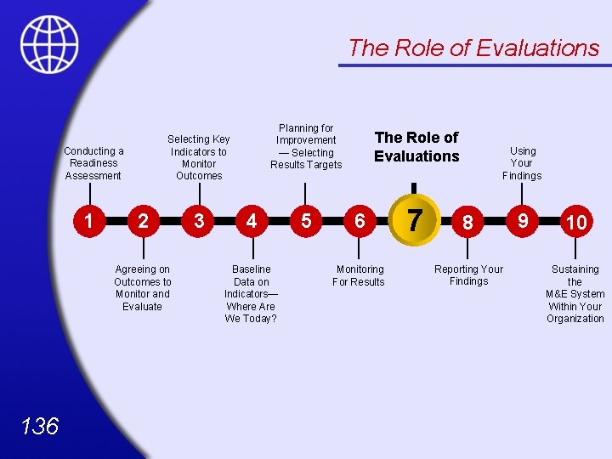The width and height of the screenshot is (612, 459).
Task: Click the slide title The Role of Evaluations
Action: [x=473, y=48]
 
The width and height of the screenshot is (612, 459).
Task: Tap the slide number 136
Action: [x=40, y=425]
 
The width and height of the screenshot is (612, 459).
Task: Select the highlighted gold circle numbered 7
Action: [x=413, y=220]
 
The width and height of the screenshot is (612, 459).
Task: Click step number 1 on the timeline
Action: [x=88, y=220]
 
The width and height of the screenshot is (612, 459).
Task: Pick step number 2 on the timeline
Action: [x=143, y=221]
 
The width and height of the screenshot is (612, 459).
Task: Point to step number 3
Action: [x=198, y=221]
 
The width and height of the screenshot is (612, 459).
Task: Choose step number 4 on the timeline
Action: [x=251, y=221]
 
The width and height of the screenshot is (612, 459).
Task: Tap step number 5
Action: [x=306, y=221]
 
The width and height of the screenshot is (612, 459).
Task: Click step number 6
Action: [x=360, y=221]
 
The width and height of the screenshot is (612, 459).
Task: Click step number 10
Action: [x=576, y=222]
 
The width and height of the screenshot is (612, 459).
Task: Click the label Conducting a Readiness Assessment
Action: [x=93, y=163]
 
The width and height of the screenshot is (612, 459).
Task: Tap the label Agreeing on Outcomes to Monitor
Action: [x=143, y=287]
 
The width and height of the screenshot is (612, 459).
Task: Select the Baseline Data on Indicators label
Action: [x=251, y=293]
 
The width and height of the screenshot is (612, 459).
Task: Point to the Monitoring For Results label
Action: [x=359, y=275]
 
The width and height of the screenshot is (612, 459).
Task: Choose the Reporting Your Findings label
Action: [x=468, y=275]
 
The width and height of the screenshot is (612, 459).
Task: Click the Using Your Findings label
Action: [x=522, y=163]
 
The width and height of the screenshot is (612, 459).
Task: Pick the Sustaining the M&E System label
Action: [x=575, y=293]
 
